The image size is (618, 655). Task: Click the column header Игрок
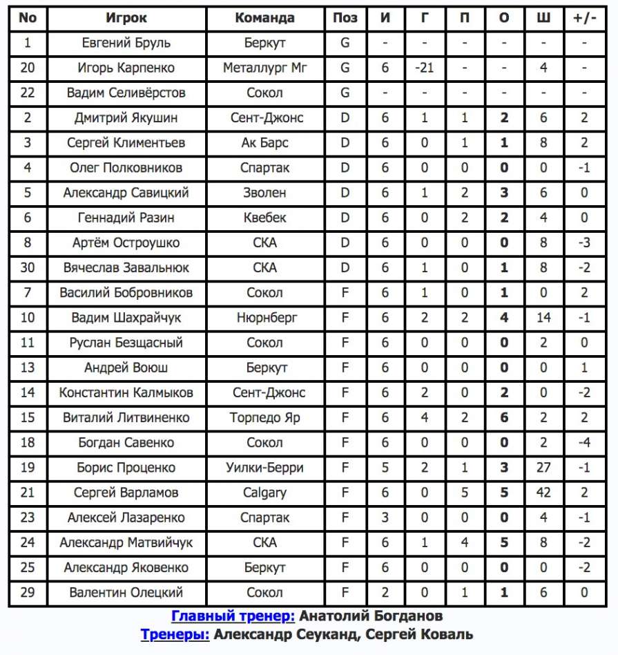click(126, 18)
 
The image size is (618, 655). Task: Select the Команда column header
click(264, 18)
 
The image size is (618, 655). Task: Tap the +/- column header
click(584, 18)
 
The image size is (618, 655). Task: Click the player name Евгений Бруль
click(126, 43)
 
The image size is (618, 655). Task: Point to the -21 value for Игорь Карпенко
click(424, 68)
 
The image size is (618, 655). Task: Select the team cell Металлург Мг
click(264, 68)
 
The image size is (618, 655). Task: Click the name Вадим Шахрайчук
click(126, 318)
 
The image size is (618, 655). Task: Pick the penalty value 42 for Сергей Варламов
click(543, 493)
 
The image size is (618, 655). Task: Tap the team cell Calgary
click(264, 493)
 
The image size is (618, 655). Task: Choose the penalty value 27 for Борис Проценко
click(543, 468)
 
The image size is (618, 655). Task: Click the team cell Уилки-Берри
click(264, 468)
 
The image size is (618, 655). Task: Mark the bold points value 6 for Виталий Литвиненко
click(504, 418)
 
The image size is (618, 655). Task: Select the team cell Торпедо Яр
click(264, 418)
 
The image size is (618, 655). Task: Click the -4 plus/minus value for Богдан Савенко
click(584, 443)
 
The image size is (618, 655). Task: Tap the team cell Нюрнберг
click(264, 318)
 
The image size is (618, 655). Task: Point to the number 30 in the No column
click(28, 267)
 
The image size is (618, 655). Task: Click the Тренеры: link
click(175, 634)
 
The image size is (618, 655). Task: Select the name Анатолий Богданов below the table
click(371, 616)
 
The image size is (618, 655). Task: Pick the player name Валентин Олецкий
click(126, 593)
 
